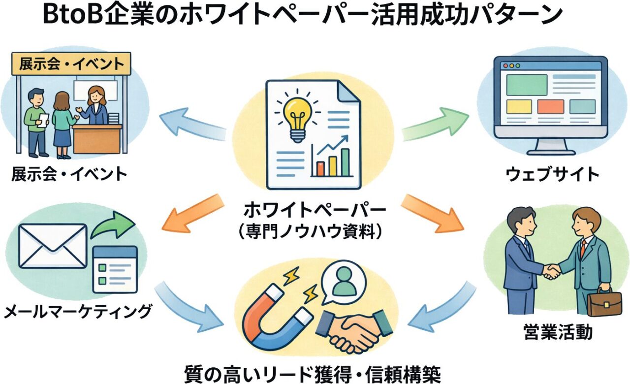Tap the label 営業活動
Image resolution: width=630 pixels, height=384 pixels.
click(x=557, y=333)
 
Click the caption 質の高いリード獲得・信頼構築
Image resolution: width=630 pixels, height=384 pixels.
click(x=312, y=372)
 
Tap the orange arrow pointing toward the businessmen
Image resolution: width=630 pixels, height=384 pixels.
click(x=434, y=213)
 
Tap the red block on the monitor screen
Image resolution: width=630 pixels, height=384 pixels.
click(x=550, y=106)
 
